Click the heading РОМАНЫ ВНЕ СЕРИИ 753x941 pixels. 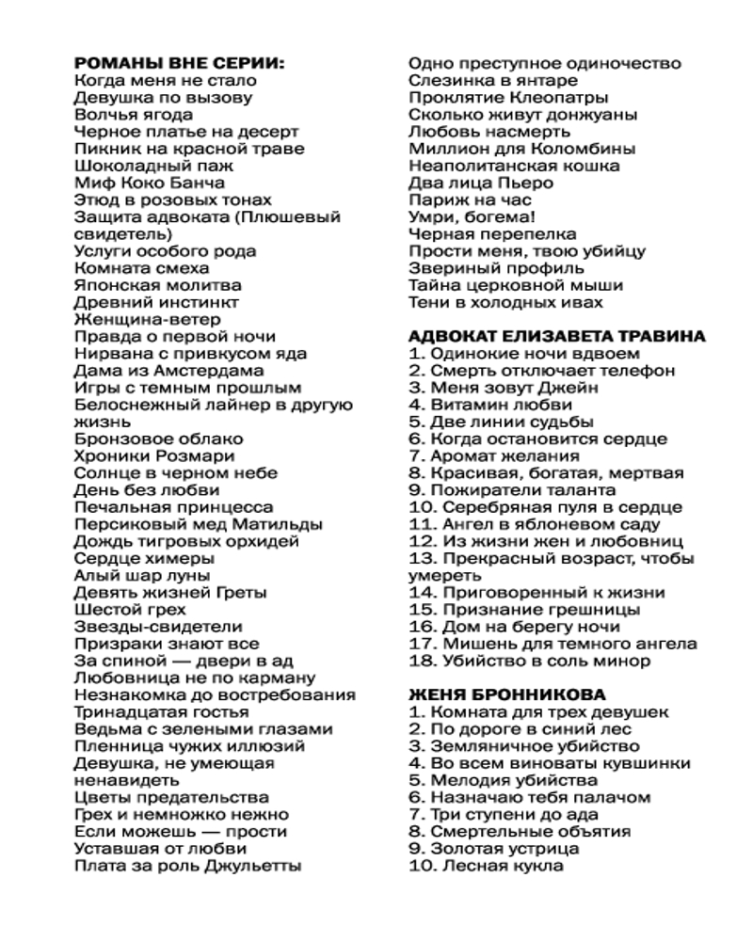[x=179, y=64]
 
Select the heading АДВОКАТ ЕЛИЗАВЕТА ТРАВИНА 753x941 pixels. [x=557, y=337]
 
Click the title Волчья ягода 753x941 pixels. [x=127, y=115]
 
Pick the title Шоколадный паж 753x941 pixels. [x=142, y=166]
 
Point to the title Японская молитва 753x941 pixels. [x=157, y=285]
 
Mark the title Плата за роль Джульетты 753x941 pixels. [x=187, y=866]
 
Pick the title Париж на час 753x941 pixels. [x=470, y=200]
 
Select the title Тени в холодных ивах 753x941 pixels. [x=505, y=303]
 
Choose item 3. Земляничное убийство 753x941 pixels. [x=519, y=746]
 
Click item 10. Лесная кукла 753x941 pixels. [x=486, y=866]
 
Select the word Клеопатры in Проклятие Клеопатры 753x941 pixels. [x=563, y=98]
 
